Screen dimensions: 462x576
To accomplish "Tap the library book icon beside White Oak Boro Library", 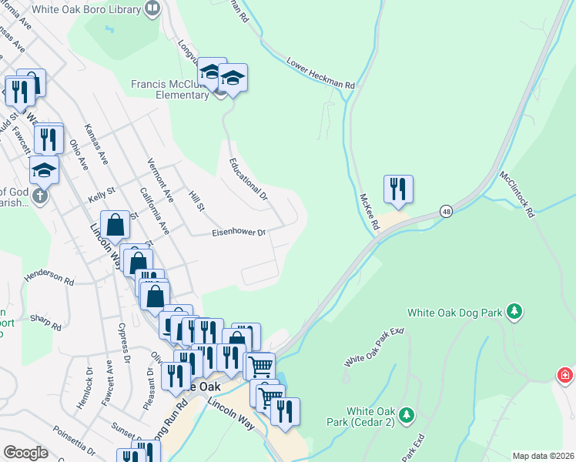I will click(x=152, y=10).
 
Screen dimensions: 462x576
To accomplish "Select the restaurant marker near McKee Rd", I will click(x=398, y=189).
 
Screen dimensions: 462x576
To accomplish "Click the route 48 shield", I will click(x=446, y=210).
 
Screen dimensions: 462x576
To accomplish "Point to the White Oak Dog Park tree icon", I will click(x=514, y=313).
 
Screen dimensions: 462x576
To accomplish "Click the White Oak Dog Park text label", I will click(x=454, y=313).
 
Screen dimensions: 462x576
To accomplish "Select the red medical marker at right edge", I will click(x=566, y=375).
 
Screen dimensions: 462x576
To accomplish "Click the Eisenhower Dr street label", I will click(x=239, y=232).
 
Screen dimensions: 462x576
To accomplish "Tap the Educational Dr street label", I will click(x=248, y=180).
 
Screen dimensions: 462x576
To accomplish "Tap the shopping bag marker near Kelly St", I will click(x=115, y=226).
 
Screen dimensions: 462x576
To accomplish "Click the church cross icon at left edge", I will click(x=39, y=196).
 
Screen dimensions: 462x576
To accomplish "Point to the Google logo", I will click(x=25, y=453).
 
